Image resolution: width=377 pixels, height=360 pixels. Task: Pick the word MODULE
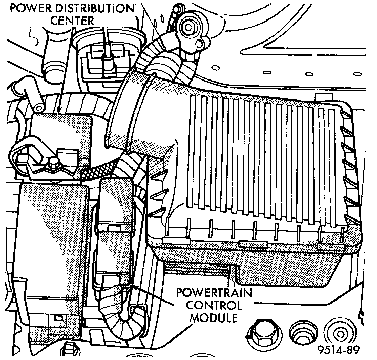pos(213,318)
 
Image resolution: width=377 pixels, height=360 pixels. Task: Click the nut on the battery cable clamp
pos(53,165)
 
